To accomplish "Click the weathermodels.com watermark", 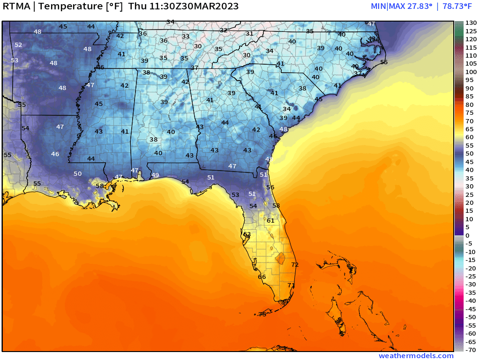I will [x=416, y=356].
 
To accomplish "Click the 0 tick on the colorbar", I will [x=467, y=235].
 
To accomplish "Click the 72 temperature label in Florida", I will [x=295, y=265].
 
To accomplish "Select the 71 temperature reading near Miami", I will [x=291, y=285].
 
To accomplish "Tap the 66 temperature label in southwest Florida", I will [x=262, y=277].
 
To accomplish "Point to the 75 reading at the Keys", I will [x=262, y=314].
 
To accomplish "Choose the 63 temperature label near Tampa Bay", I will [x=247, y=234].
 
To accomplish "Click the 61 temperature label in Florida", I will [x=270, y=220].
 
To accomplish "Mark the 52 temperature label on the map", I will [x=18, y=45].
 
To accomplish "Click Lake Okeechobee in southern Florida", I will [x=280, y=257].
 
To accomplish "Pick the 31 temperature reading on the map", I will [x=249, y=34].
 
